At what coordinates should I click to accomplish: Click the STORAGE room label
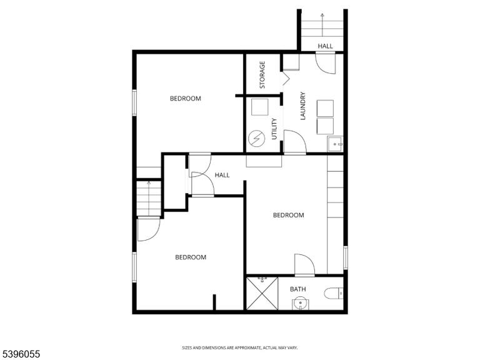pos(262,75)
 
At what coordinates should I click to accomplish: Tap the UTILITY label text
pos(274,129)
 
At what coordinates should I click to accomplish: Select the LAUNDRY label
pos(303,106)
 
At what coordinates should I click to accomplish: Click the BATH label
pos(298,289)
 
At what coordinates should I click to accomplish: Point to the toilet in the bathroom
pos(333,293)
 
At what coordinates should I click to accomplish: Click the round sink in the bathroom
pos(300,304)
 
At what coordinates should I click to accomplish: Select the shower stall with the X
pos(262,293)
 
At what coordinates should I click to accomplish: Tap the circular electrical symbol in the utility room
pos(256,138)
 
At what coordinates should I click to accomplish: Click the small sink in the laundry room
pos(335,144)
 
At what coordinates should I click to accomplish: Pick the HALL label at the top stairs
pos(325,46)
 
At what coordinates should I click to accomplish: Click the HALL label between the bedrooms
pos(222,175)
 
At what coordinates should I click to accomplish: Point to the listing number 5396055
pos(20,354)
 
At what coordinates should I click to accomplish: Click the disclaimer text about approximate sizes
pos(240,347)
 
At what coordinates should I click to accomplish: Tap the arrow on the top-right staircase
pos(322,25)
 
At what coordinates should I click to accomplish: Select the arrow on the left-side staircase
pos(149,198)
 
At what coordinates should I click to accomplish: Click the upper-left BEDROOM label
pos(186,99)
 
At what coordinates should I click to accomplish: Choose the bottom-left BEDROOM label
pos(191,257)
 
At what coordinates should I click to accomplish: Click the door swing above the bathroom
pos(304,265)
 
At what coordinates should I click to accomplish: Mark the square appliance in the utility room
pos(259,107)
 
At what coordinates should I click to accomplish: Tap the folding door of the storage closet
pos(286,78)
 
